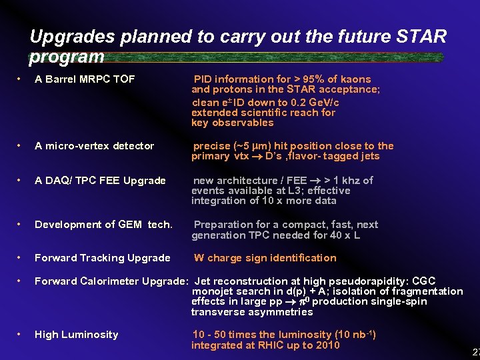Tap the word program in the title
pos(67,57)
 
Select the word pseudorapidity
pos(363,281)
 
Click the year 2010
pos(327,345)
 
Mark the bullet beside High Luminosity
pos(22,335)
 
